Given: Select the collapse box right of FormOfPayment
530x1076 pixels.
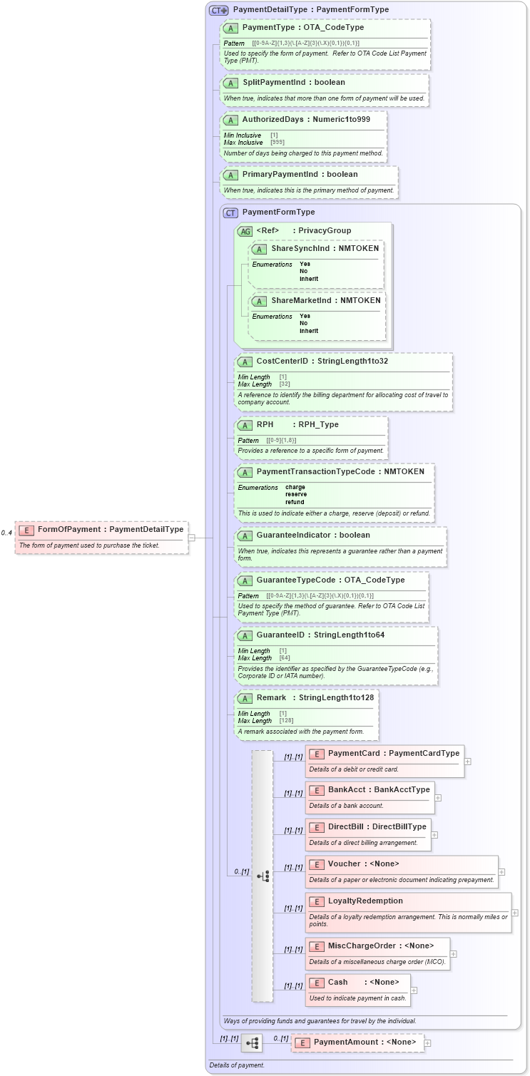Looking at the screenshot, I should coord(192,538).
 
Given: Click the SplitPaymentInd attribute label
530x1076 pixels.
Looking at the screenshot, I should coord(273,83).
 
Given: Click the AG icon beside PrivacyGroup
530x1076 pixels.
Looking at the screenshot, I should coord(245,231).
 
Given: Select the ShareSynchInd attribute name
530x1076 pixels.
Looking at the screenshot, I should coord(300,249).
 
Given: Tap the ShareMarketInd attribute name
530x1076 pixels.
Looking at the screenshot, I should coord(302,301).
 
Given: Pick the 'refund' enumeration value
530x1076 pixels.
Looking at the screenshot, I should coord(295,502).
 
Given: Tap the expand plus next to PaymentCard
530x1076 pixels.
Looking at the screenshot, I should coord(467,762).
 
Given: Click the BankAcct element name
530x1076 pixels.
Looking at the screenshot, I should coord(347,790).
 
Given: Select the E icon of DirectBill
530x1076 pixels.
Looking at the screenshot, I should coord(316,827).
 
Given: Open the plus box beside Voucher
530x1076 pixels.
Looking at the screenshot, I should coord(501,871).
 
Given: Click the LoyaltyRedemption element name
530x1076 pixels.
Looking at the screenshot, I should coord(365,901).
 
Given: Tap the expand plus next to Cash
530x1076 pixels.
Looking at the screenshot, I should coord(414,990).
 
